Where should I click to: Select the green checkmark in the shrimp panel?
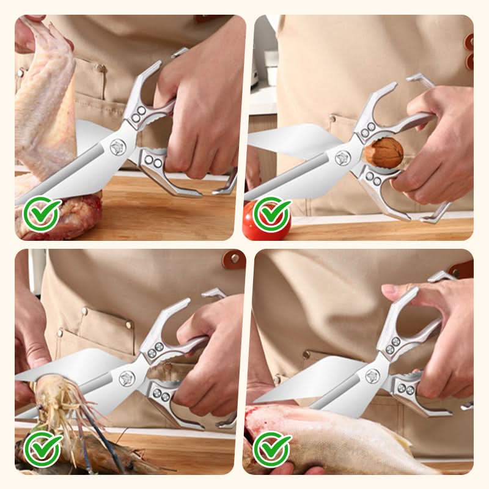(x=42, y=449)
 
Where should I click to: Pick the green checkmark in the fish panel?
(x=272, y=449)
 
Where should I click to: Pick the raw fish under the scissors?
(x=342, y=437)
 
